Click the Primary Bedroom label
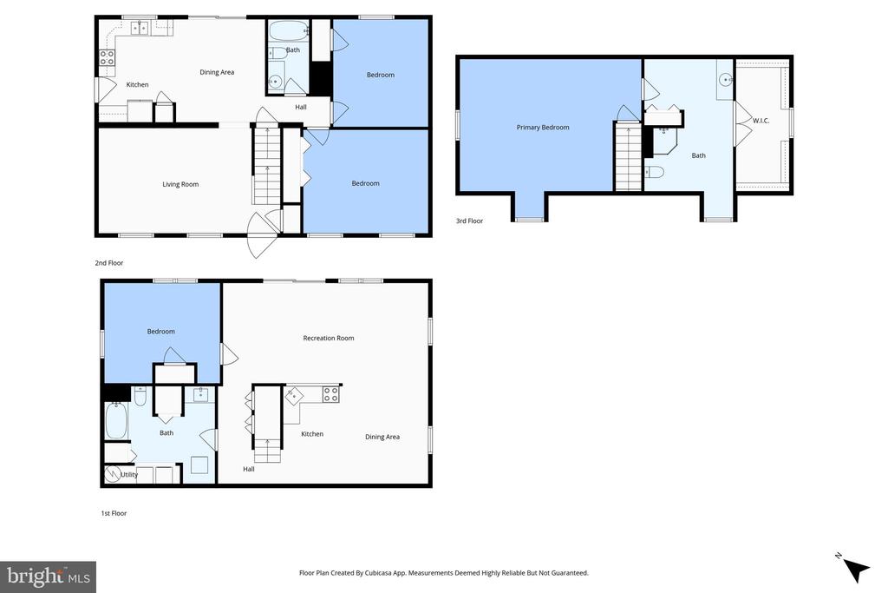pyautogui.click(x=543, y=128)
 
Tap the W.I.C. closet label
pyautogui.click(x=761, y=121)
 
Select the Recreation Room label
pyautogui.click(x=328, y=338)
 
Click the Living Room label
pyautogui.click(x=180, y=184)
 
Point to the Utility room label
pyautogui.click(x=128, y=475)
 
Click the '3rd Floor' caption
pyautogui.click(x=469, y=221)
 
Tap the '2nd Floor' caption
pyautogui.click(x=108, y=262)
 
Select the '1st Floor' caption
pyautogui.click(x=114, y=513)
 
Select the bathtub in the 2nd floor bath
pyautogui.click(x=287, y=32)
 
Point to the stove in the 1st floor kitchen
pyautogui.click(x=331, y=394)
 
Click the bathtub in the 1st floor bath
pyautogui.click(x=116, y=421)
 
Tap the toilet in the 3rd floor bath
pyautogui.click(x=655, y=172)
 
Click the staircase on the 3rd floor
pyautogui.click(x=627, y=157)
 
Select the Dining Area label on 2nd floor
pyautogui.click(x=217, y=72)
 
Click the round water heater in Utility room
pyautogui.click(x=113, y=474)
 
